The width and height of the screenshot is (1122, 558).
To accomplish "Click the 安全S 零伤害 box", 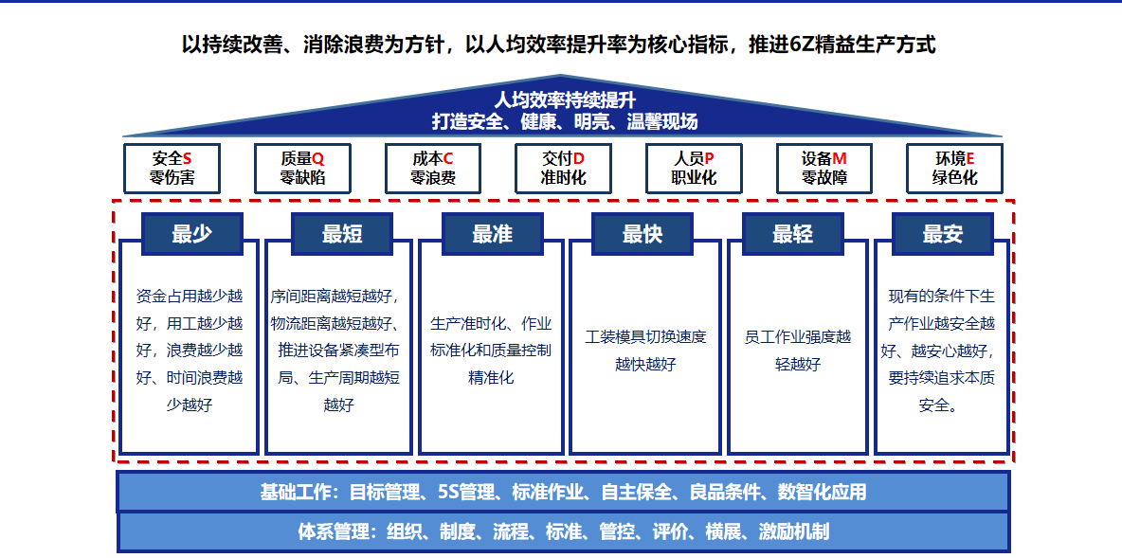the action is pyautogui.click(x=172, y=168).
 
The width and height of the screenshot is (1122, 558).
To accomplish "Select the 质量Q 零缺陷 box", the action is pyautogui.click(x=302, y=168).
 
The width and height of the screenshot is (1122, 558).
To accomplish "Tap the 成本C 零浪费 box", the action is pyautogui.click(x=433, y=168).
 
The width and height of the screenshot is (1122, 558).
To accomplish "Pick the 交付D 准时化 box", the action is pyautogui.click(x=563, y=168).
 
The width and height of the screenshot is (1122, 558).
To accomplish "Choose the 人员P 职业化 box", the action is pyautogui.click(x=694, y=168).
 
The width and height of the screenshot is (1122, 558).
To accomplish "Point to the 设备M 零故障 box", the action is pyautogui.click(x=824, y=168).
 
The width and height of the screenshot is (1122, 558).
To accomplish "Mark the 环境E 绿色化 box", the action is pyautogui.click(x=954, y=168).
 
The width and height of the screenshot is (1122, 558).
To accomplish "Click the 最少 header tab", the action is pyautogui.click(x=192, y=234).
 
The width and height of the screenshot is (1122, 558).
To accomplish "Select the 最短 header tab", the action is pyautogui.click(x=342, y=234).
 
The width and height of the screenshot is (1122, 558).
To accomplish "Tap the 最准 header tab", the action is pyautogui.click(x=493, y=234).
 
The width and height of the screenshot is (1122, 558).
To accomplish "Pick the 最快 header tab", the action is pyautogui.click(x=642, y=234).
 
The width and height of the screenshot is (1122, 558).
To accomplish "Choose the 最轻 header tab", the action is pyautogui.click(x=793, y=234).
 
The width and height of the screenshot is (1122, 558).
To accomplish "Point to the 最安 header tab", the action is pyautogui.click(x=943, y=234).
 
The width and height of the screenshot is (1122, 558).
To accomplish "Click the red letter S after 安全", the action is pyautogui.click(x=188, y=159).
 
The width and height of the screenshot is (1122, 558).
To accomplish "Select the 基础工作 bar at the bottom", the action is pyautogui.click(x=563, y=492).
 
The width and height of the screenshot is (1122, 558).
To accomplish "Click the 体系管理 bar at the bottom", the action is pyautogui.click(x=563, y=531).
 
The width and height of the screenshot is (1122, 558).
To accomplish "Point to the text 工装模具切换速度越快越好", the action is pyautogui.click(x=645, y=350).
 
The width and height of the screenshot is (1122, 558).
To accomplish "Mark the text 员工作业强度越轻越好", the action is pyautogui.click(x=798, y=350).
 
